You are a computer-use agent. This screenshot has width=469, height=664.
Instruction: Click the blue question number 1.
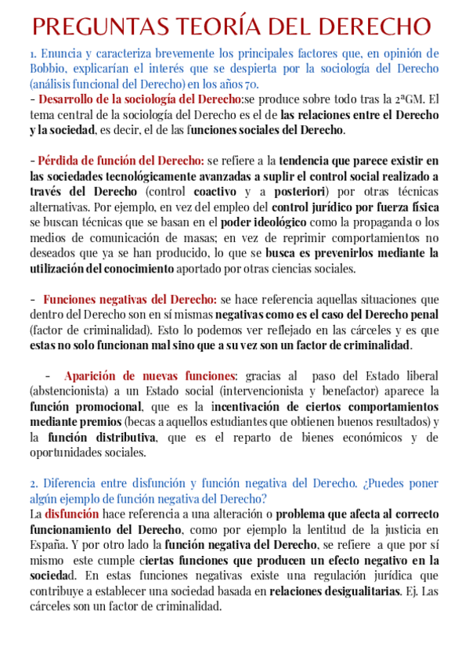pyautogui.click(x=33, y=54)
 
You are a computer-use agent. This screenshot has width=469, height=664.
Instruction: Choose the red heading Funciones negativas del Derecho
pyautogui.click(x=130, y=299)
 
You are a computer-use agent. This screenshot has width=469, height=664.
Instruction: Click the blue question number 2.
pyautogui.click(x=34, y=483)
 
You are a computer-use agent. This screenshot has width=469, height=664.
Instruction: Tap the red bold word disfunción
pyautogui.click(x=73, y=514)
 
